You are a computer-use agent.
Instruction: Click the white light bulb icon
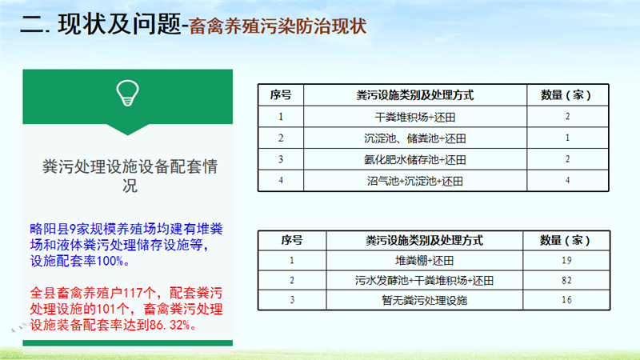click(128, 93)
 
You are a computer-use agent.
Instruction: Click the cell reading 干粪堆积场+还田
click(415, 118)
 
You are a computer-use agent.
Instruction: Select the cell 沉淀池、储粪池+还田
click(415, 138)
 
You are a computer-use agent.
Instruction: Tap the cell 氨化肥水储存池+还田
click(415, 160)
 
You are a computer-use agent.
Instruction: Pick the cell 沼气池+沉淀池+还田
click(415, 182)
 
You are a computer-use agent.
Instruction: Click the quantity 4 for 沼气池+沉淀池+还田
click(567, 181)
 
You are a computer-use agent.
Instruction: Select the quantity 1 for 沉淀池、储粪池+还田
click(567, 138)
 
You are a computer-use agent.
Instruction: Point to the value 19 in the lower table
click(566, 261)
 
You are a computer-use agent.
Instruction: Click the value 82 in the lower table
click(566, 281)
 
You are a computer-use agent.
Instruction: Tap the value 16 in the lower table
click(566, 300)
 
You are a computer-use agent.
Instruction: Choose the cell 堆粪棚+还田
click(425, 261)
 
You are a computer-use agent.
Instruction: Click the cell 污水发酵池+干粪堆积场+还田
click(425, 281)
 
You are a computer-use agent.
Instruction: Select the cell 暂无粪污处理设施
click(425, 301)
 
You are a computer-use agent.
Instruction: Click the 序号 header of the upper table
click(281, 95)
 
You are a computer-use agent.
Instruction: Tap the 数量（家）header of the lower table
click(566, 241)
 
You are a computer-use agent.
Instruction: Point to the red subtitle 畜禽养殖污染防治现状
click(278, 26)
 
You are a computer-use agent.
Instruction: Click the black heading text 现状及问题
click(119, 24)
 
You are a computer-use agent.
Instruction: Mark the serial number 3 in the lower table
click(292, 300)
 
